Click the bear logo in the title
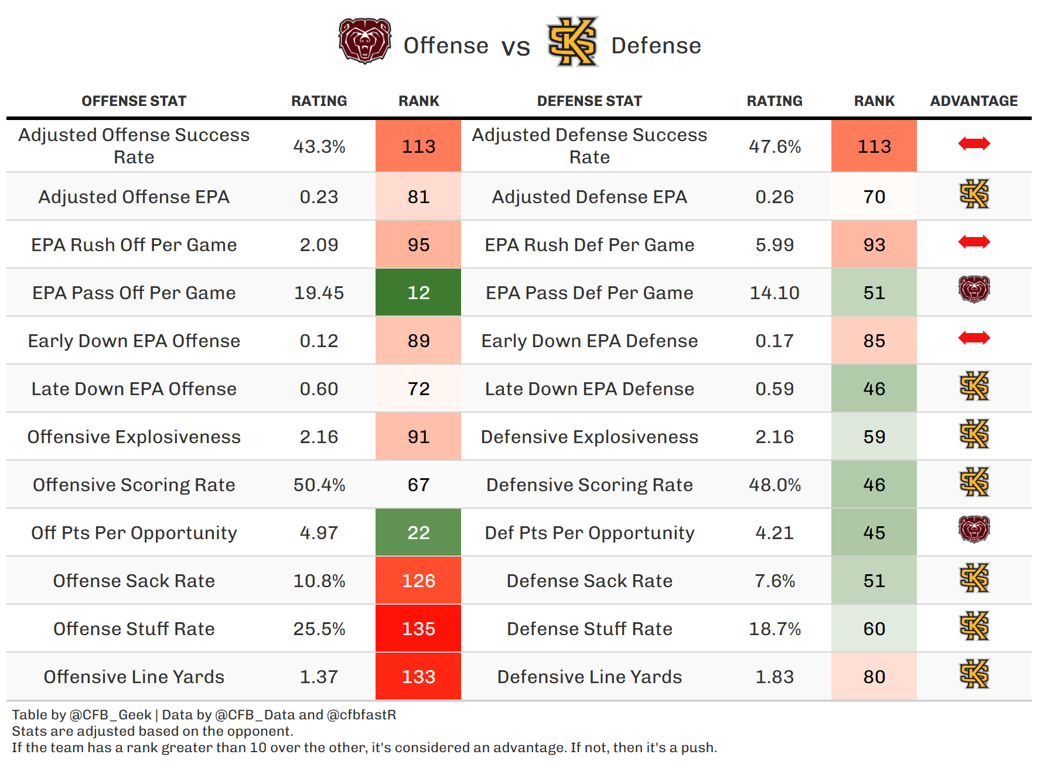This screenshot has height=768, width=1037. [365, 41]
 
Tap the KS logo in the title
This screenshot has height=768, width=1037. [572, 42]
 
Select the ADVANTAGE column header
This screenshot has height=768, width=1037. [974, 101]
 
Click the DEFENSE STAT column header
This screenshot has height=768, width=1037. [589, 101]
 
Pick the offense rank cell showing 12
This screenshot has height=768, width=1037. [418, 293]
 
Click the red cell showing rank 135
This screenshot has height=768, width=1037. [418, 629]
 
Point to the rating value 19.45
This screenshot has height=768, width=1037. [319, 293]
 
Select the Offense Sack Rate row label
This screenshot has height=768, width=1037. [134, 581]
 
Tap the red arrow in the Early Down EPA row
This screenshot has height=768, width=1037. [974, 338]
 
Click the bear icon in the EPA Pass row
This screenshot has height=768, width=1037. [974, 289]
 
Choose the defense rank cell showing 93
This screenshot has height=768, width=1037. [874, 245]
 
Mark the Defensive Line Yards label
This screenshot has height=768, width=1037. [589, 677]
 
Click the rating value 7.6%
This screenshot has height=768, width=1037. [775, 581]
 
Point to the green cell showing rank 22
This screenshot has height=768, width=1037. [418, 533]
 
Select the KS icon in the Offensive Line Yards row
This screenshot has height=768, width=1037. [974, 674]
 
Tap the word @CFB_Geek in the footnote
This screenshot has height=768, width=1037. [111, 715]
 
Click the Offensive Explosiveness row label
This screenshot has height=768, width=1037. [134, 437]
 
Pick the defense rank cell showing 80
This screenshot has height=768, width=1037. [874, 677]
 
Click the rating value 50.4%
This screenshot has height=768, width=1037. [319, 485]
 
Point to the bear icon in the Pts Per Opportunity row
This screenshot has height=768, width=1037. [974, 529]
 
